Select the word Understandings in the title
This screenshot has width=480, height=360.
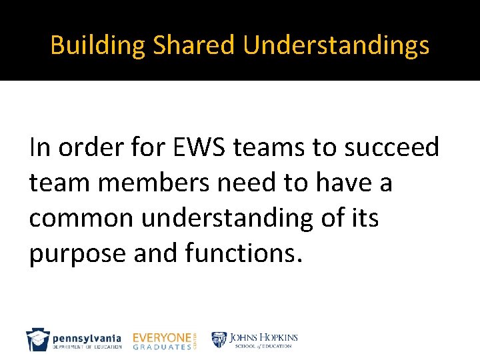coord(336,45)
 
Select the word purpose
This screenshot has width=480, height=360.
coord(73,255)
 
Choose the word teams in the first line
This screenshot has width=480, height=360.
coord(275,147)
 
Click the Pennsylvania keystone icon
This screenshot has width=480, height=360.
coord(37,340)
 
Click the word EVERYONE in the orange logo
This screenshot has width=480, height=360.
coord(162,337)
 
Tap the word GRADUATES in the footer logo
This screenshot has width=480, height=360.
coord(162,347)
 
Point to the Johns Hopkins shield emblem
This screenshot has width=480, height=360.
coord(220,340)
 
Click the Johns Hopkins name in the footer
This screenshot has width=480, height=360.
coord(264,337)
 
